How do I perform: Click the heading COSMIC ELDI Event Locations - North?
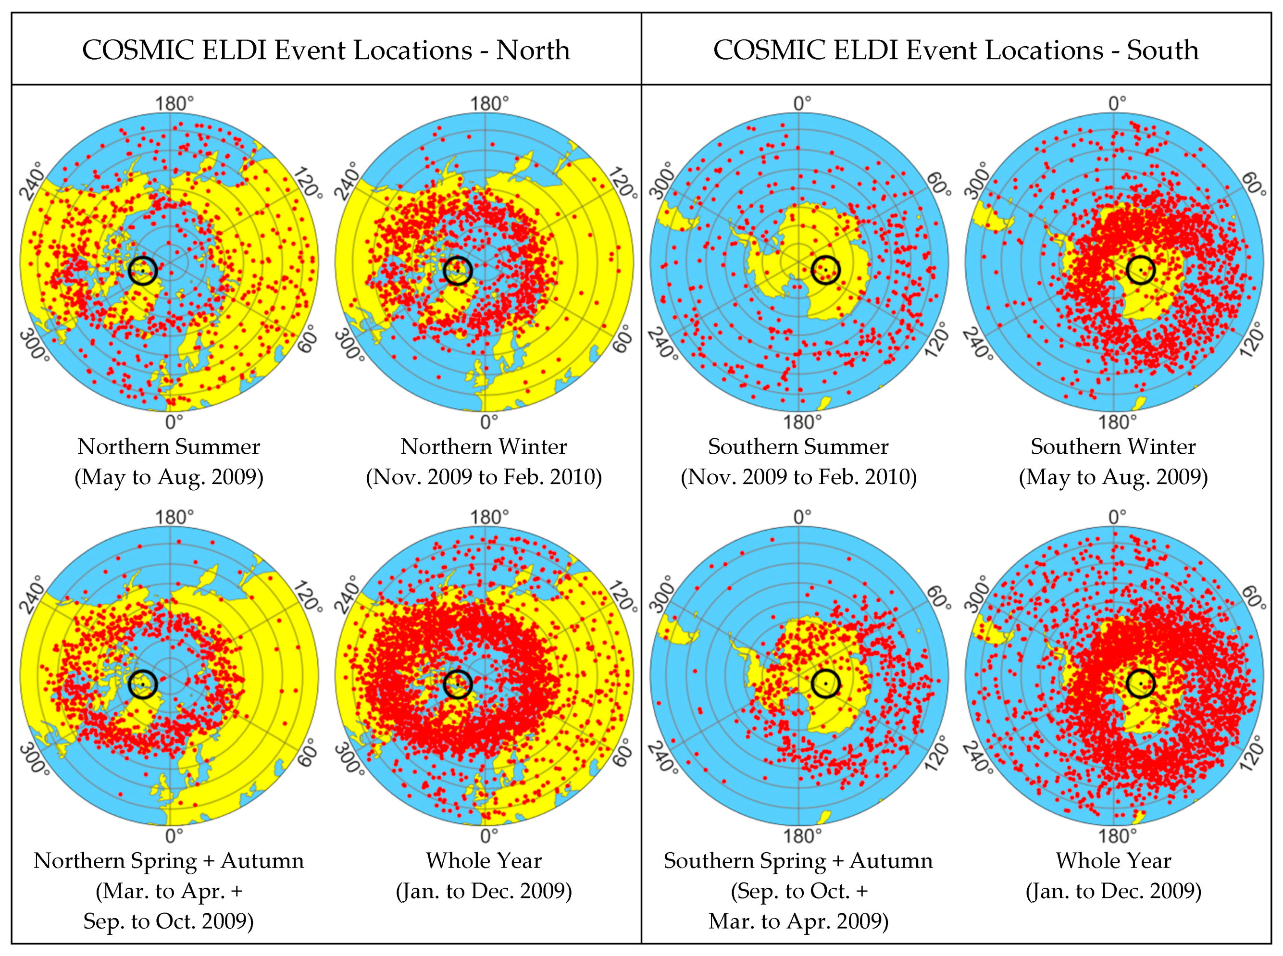pyautogui.click(x=326, y=50)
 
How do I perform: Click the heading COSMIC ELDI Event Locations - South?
pyautogui.click(x=956, y=50)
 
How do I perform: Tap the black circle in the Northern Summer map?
pyautogui.click(x=142, y=270)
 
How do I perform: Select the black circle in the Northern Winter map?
pyautogui.click(x=458, y=270)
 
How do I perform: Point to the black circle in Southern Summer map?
pyautogui.click(x=825, y=270)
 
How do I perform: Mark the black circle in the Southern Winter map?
pyautogui.click(x=1141, y=270)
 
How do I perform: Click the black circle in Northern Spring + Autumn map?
pyautogui.click(x=142, y=684)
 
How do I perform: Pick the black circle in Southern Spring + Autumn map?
pyautogui.click(x=825, y=684)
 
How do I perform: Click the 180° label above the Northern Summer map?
pyautogui.click(x=174, y=104)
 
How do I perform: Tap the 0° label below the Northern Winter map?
pyautogui.click(x=488, y=422)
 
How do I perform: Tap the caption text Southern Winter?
pyautogui.click(x=1113, y=447)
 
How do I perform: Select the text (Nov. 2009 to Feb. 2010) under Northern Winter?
pyautogui.click(x=484, y=477)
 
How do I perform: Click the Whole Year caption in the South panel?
pyautogui.click(x=1113, y=860)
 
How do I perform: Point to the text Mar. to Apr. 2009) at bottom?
pyautogui.click(x=798, y=921)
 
